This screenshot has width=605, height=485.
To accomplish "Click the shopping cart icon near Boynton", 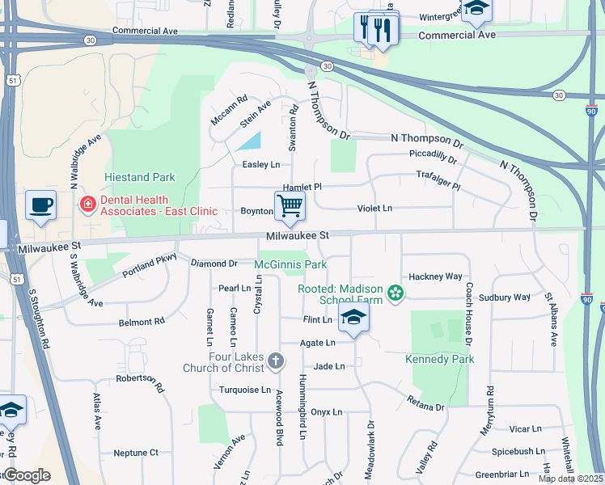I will point(290,206).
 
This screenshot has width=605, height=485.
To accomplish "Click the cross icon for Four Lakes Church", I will point(276,360).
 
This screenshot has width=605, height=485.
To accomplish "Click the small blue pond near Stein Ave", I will point(250,141).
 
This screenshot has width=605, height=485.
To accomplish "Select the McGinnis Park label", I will point(290,264).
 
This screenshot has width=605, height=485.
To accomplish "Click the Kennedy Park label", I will point(439,358).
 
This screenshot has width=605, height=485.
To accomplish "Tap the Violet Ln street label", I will point(374,209).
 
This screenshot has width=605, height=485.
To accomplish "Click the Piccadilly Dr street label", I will point(433,156).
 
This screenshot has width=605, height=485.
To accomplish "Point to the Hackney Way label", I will point(435,276).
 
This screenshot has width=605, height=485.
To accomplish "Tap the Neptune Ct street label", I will point(136,453).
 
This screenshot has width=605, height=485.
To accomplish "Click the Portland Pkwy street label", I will point(150,268).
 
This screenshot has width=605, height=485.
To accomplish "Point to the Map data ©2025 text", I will point(569,479).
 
